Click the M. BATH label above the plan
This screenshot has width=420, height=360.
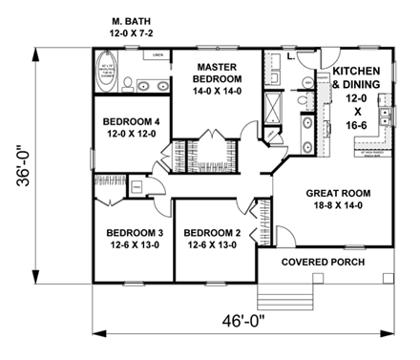click(x=133, y=18)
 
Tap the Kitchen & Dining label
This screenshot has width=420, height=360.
click(x=356, y=78)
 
